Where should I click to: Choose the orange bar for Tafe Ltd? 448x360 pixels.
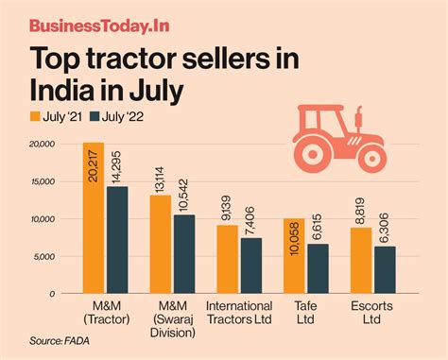coord(294,256)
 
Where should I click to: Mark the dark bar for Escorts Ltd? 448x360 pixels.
coord(385,269)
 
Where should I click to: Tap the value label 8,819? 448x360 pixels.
coord(362,210)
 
